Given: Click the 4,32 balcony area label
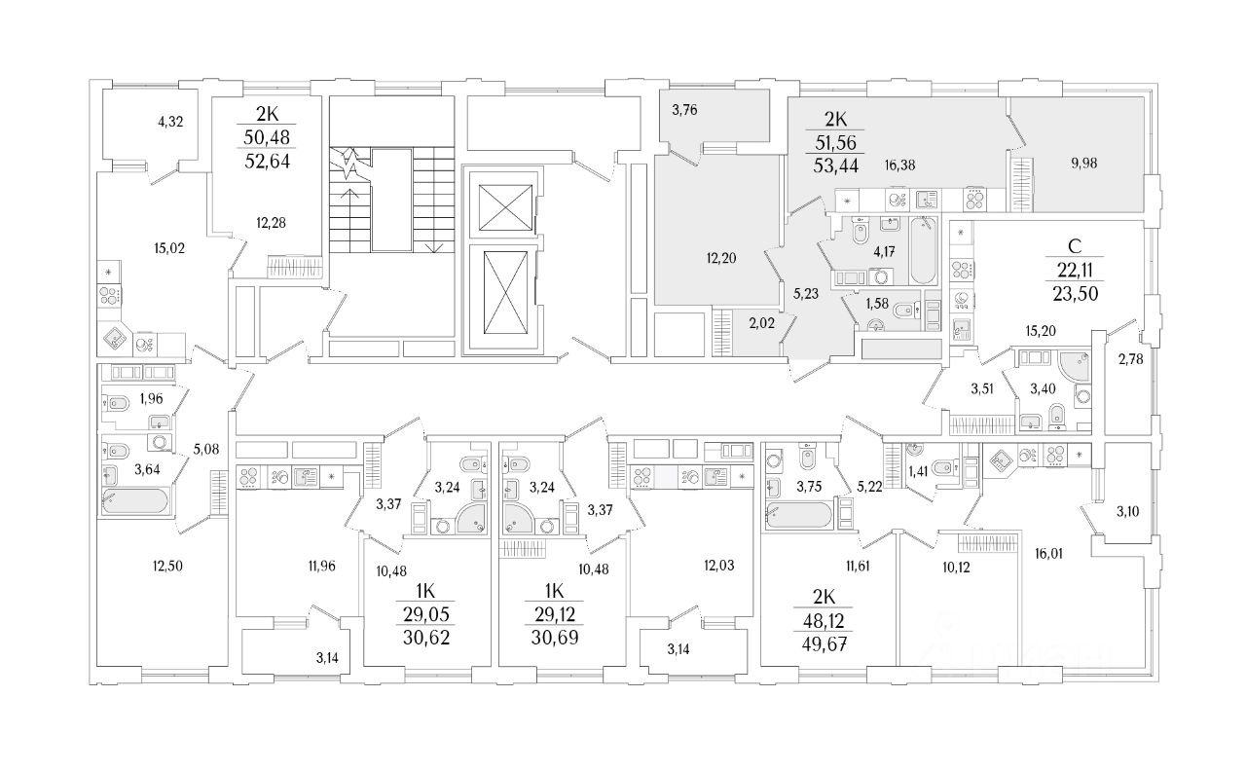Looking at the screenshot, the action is click(170, 122).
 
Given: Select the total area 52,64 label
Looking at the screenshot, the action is click(268, 162).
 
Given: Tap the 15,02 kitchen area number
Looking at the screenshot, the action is click(169, 248).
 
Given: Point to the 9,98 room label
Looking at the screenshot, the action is click(1084, 164).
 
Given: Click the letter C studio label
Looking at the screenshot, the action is click(1075, 246).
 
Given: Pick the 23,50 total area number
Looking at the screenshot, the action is click(1076, 294).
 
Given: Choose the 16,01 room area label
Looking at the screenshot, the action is click(1048, 554).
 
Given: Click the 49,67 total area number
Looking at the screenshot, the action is click(824, 644).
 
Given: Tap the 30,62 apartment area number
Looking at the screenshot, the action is click(426, 638).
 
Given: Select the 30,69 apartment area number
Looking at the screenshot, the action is click(555, 638).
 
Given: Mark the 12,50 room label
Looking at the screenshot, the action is click(167, 567).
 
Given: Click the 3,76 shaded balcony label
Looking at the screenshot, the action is click(684, 110).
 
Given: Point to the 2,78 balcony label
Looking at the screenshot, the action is click(1131, 359).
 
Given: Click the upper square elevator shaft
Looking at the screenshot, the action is click(505, 207).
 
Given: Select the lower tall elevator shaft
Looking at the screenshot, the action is click(505, 293).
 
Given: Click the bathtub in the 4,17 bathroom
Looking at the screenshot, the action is click(924, 250).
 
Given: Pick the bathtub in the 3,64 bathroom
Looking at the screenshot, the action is click(134, 500).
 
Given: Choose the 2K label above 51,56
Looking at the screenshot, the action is click(835, 119).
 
